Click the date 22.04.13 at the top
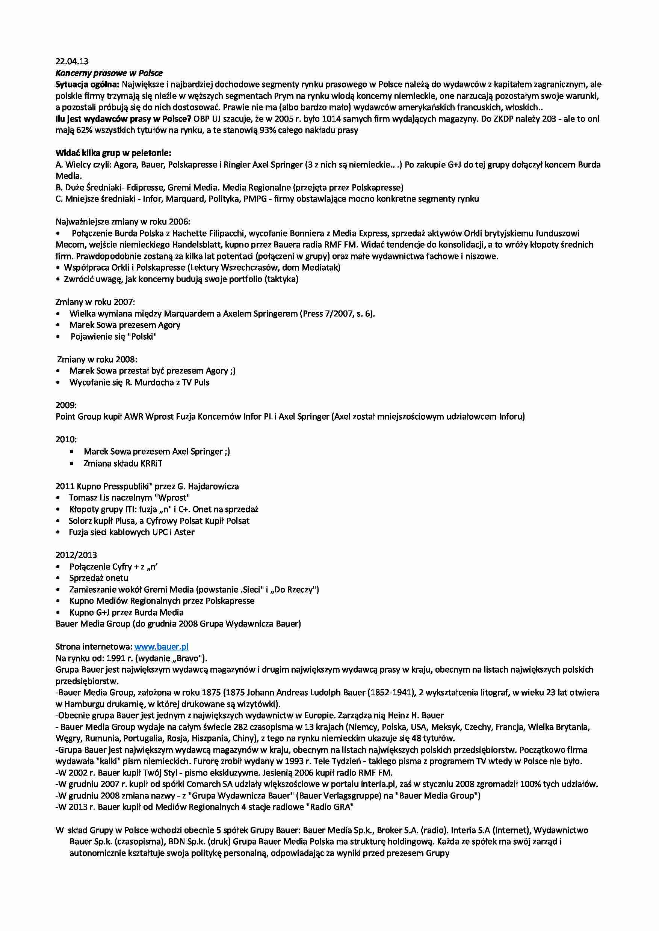click(x=72, y=61)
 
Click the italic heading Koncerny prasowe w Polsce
click(x=109, y=73)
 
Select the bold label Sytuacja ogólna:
click(x=87, y=84)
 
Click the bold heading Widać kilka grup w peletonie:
click(x=113, y=153)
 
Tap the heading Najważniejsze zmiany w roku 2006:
click(x=122, y=222)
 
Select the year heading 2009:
click(x=66, y=405)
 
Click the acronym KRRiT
click(x=151, y=464)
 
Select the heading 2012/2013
click(x=76, y=555)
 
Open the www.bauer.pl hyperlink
click(x=161, y=647)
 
